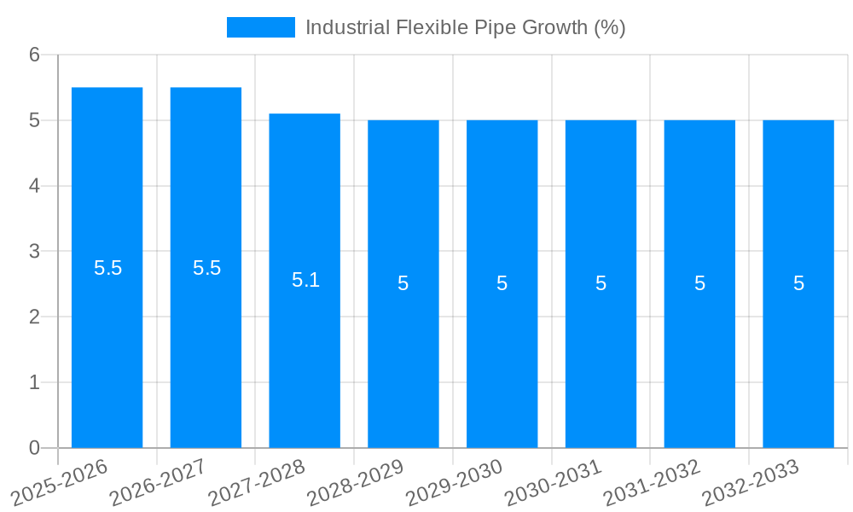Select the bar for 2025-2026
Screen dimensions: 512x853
click(x=107, y=341)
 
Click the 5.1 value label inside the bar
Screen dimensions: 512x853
click(x=305, y=280)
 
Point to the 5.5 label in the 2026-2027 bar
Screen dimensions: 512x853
click(x=206, y=268)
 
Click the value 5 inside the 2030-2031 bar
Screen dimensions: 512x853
click(x=601, y=283)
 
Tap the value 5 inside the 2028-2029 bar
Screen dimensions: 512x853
click(x=403, y=283)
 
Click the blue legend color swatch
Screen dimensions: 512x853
click(x=260, y=27)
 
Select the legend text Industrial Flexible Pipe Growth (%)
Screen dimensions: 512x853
click(x=465, y=27)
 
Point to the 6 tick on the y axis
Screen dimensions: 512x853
click(x=34, y=55)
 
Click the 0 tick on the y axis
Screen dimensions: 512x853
click(x=34, y=448)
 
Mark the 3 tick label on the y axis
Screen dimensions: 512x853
click(x=34, y=252)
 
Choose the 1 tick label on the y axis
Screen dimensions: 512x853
click(x=34, y=382)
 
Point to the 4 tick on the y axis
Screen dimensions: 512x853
click(x=34, y=186)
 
